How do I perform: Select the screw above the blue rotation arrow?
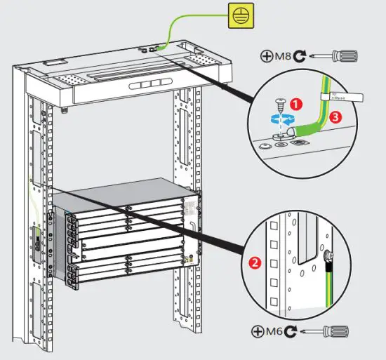click(282, 103)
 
